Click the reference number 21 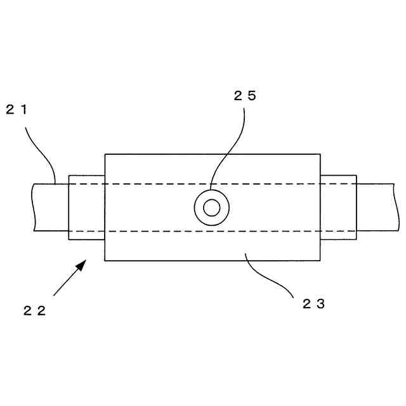pyautogui.click(x=17, y=109)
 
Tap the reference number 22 pyautogui.click(x=35, y=310)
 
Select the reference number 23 pyautogui.click(x=313, y=303)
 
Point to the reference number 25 pyautogui.click(x=245, y=96)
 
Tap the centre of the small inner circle pyautogui.click(x=212, y=207)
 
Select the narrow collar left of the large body pyautogui.click(x=86, y=207)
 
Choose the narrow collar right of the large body pyautogui.click(x=338, y=207)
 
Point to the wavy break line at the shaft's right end pyautogui.click(x=396, y=207)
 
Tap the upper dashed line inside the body pyautogui.click(x=159, y=183)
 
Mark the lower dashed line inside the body pyautogui.click(x=159, y=232)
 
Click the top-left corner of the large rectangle pyautogui.click(x=105, y=154)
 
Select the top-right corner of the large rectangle pyautogui.click(x=320, y=154)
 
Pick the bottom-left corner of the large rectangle pyautogui.click(x=105, y=261)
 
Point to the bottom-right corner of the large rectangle pyautogui.click(x=320, y=261)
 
